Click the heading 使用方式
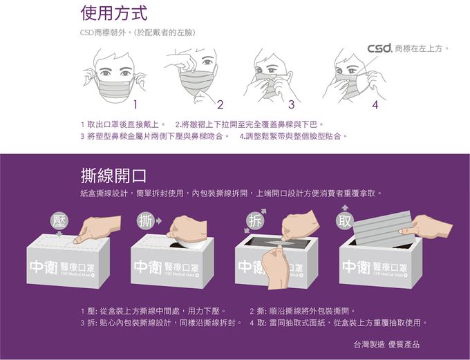[113, 13]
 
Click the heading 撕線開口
[113, 174]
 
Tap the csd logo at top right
[379, 48]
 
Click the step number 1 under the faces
[136, 105]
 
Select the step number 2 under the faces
[220, 105]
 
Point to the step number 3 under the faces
[291, 105]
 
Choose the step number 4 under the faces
[375, 105]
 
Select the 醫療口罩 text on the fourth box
[393, 267]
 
